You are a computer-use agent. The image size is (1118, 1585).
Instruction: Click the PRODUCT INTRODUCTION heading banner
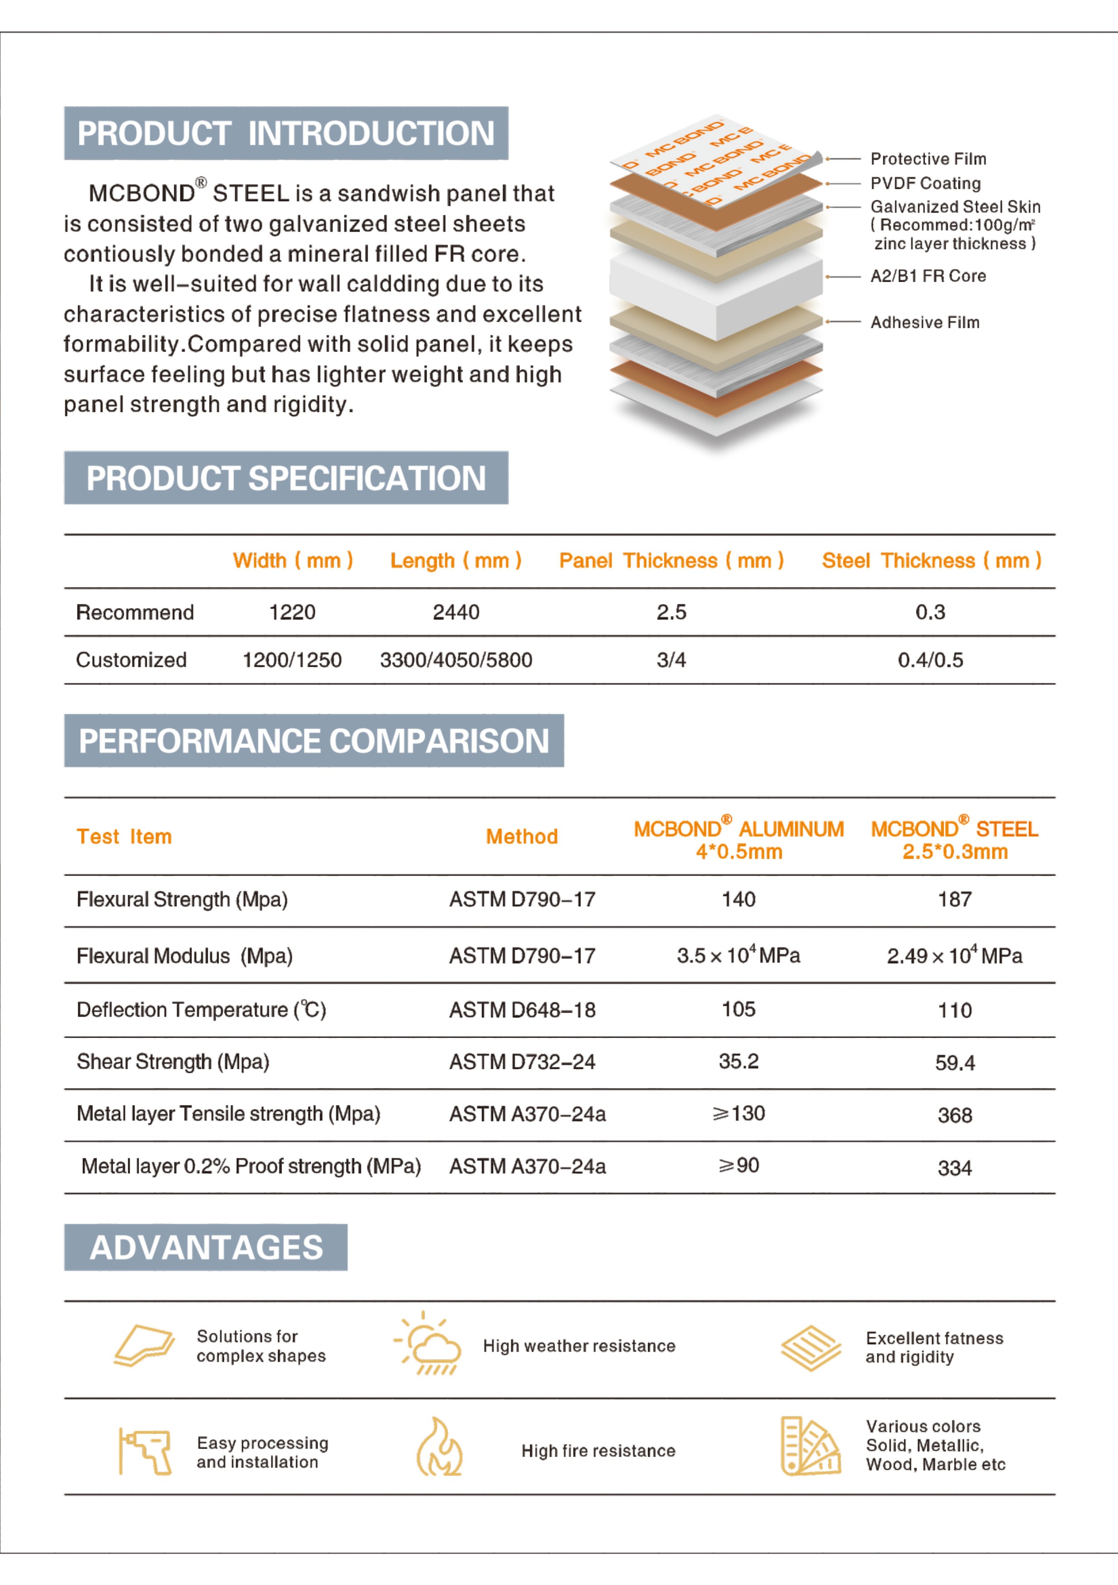click(286, 133)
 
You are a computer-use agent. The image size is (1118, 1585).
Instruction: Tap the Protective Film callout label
click(928, 159)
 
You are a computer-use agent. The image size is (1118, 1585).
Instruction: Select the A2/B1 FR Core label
click(928, 276)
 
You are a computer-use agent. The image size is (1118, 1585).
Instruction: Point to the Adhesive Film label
click(925, 323)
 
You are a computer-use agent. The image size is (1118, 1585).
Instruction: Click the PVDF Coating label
click(926, 183)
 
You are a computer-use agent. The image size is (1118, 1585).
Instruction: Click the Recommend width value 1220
click(292, 612)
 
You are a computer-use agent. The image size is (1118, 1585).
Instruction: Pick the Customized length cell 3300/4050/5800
click(456, 660)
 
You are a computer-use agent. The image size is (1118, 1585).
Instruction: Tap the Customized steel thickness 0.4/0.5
click(930, 660)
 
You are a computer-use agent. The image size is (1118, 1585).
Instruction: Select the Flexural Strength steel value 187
click(954, 900)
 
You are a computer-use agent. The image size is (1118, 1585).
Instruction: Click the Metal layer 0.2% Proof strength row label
click(251, 1166)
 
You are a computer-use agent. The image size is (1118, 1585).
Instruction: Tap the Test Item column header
click(124, 837)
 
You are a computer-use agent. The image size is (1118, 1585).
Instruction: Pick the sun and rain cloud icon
click(427, 1343)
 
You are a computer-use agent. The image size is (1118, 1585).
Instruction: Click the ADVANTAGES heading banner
click(206, 1247)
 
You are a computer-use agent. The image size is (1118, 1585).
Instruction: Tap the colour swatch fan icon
click(810, 1446)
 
